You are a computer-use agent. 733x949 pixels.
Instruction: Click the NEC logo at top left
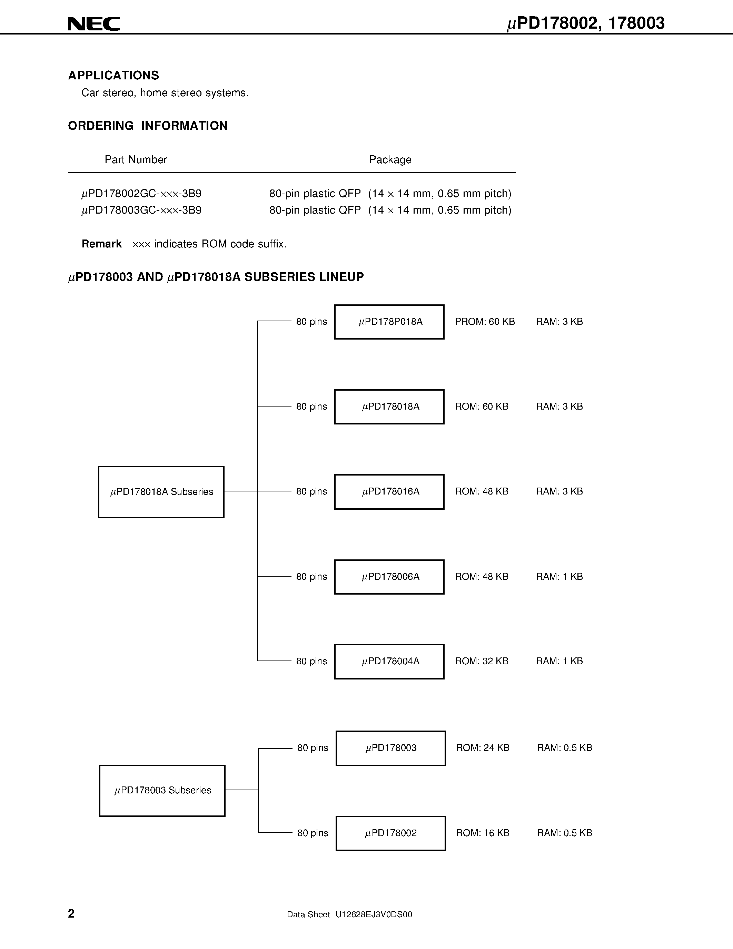click(x=94, y=24)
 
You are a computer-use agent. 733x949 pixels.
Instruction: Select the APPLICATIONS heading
click(x=113, y=76)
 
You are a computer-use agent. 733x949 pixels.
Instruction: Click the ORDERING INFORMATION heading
click(x=148, y=126)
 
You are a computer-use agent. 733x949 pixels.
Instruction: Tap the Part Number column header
click(x=136, y=160)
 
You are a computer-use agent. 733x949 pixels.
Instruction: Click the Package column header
click(x=390, y=160)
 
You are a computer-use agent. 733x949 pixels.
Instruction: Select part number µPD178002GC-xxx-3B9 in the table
click(x=141, y=194)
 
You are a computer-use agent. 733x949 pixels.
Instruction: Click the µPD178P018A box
click(x=389, y=322)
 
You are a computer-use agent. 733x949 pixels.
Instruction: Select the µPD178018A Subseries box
click(x=161, y=492)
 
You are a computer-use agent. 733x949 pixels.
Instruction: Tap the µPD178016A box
click(x=389, y=492)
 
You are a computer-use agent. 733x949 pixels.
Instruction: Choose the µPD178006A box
click(x=389, y=577)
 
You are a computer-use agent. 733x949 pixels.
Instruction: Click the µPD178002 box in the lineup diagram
click(x=390, y=833)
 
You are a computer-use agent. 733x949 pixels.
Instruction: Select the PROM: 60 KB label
click(x=485, y=322)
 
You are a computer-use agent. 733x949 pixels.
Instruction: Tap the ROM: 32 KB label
click(x=482, y=661)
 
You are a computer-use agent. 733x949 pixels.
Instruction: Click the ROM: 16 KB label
click(x=483, y=833)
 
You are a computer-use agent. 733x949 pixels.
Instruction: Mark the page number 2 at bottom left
click(x=71, y=913)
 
